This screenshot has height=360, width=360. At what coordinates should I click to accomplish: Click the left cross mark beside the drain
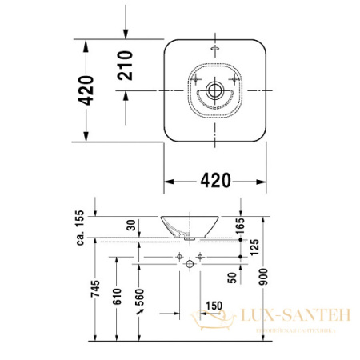[x=198, y=81]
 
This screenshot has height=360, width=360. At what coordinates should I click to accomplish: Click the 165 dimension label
[x=240, y=226]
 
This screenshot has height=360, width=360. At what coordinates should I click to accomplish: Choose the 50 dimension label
[x=233, y=277]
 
